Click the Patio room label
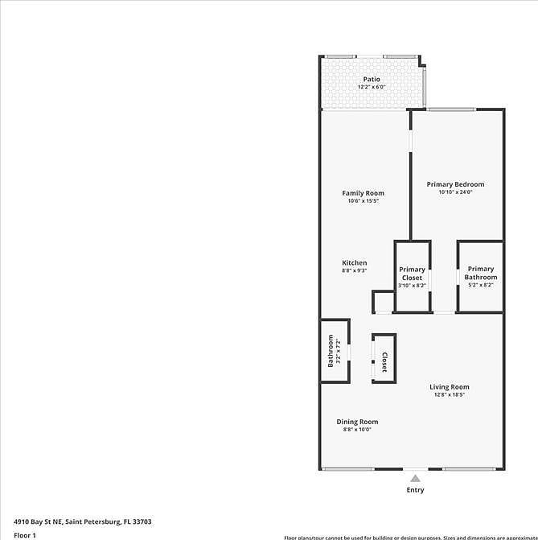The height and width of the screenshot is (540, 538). coord(371,79)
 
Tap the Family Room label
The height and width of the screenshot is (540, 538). coord(363,193)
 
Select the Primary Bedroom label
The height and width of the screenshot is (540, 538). coord(455,184)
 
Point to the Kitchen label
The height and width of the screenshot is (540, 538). coord(355,263)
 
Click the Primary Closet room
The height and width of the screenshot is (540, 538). coord(412,274)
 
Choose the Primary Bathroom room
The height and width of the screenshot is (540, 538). coord(480,274)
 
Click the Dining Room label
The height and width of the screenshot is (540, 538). coord(357,422)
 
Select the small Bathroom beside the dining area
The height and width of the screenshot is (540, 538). coord(332,352)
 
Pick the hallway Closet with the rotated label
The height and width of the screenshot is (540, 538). coord(384,362)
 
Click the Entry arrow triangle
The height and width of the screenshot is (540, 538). coord(415,478)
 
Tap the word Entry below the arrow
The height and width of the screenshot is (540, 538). coord(415,490)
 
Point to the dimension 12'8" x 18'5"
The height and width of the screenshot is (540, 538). coord(449,395)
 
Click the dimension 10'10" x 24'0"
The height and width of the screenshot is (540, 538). coord(455,192)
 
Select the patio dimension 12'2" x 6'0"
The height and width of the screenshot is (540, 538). coord(371,87)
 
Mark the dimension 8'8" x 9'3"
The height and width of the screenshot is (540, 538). coord(355,271)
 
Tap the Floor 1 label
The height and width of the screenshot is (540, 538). coord(25,534)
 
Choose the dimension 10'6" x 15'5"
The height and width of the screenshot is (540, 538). coord(363,201)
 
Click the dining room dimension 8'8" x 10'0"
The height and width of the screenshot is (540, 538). coord(357,430)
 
